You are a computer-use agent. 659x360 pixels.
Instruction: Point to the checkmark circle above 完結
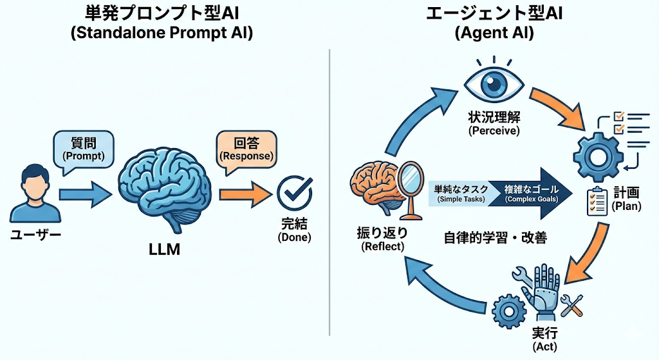[x=294, y=192]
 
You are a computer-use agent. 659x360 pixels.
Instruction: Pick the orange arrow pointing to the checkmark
[x=245, y=193]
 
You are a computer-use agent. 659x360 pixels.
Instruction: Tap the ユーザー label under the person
[x=36, y=236]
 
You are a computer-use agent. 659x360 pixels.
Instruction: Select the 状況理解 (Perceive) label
[x=494, y=125]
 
